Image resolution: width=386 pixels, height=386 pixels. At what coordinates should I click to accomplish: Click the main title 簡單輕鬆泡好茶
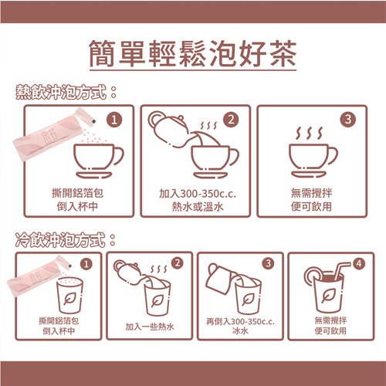tap(193, 53)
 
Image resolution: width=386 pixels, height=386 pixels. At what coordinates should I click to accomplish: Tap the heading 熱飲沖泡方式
tap(61, 92)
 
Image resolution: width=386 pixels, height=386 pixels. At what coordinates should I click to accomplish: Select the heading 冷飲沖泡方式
tap(60, 239)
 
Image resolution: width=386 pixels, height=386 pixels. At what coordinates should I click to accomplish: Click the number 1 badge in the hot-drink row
tap(114, 120)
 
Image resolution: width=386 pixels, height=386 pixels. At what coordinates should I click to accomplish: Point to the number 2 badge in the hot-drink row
tap(231, 120)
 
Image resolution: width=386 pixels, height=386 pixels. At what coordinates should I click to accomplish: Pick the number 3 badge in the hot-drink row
tap(347, 119)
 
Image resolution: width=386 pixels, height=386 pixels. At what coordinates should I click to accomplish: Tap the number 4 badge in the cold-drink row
tap(359, 263)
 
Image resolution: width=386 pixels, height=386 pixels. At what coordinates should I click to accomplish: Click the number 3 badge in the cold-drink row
tap(268, 263)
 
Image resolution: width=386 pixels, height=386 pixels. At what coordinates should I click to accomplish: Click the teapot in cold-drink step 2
tap(129, 273)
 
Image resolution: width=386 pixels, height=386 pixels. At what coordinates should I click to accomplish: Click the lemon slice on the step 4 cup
tap(312, 276)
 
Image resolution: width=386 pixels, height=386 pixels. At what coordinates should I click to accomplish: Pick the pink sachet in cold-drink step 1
tap(39, 276)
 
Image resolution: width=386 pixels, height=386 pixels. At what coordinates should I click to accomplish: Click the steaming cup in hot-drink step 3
tap(313, 152)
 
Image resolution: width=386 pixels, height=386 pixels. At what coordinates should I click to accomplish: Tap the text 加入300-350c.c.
tap(198, 194)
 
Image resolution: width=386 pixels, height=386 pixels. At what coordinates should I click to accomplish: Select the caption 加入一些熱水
tap(150, 327)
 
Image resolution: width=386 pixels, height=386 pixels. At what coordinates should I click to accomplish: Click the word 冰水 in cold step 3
tap(240, 330)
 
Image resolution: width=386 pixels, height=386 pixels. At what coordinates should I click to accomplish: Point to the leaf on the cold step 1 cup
tap(69, 299)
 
